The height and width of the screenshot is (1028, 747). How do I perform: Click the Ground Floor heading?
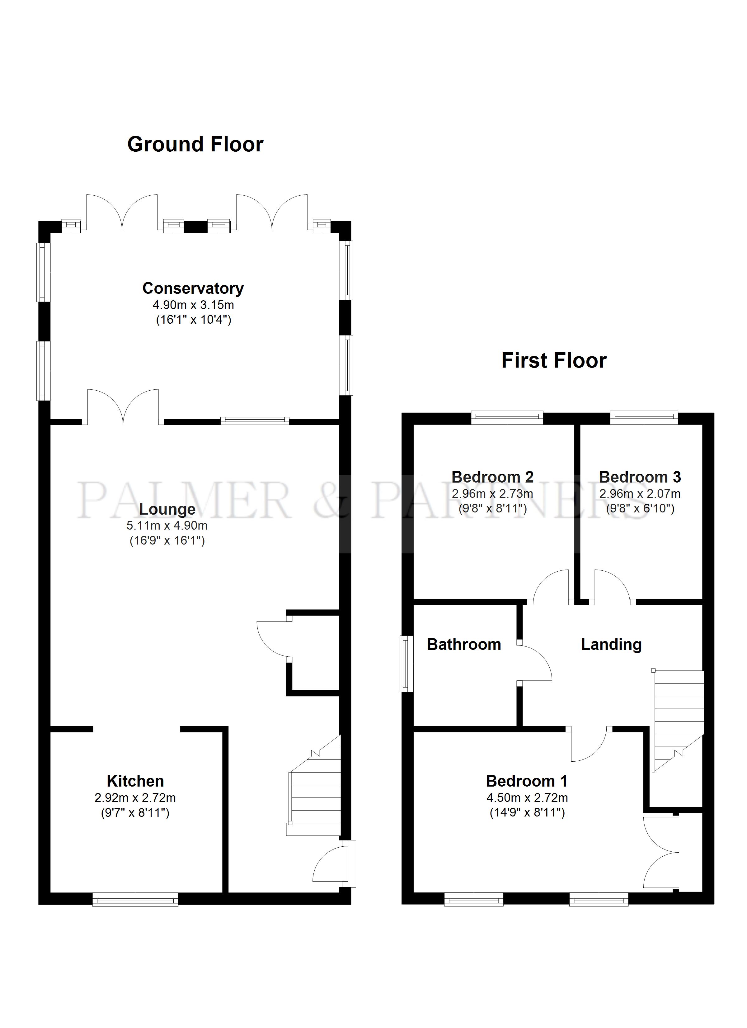pyautogui.click(x=195, y=145)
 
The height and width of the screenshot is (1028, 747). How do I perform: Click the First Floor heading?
pyautogui.click(x=554, y=361)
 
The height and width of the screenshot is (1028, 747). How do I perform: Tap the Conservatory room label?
pyautogui.click(x=193, y=288)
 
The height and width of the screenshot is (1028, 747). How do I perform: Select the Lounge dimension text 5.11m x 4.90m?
pyautogui.click(x=167, y=526)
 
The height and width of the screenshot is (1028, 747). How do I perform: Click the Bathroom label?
pyautogui.click(x=464, y=645)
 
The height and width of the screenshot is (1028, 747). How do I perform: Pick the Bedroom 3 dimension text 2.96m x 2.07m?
pyautogui.click(x=640, y=494)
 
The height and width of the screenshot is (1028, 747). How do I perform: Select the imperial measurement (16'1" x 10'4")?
pyautogui.click(x=193, y=320)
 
